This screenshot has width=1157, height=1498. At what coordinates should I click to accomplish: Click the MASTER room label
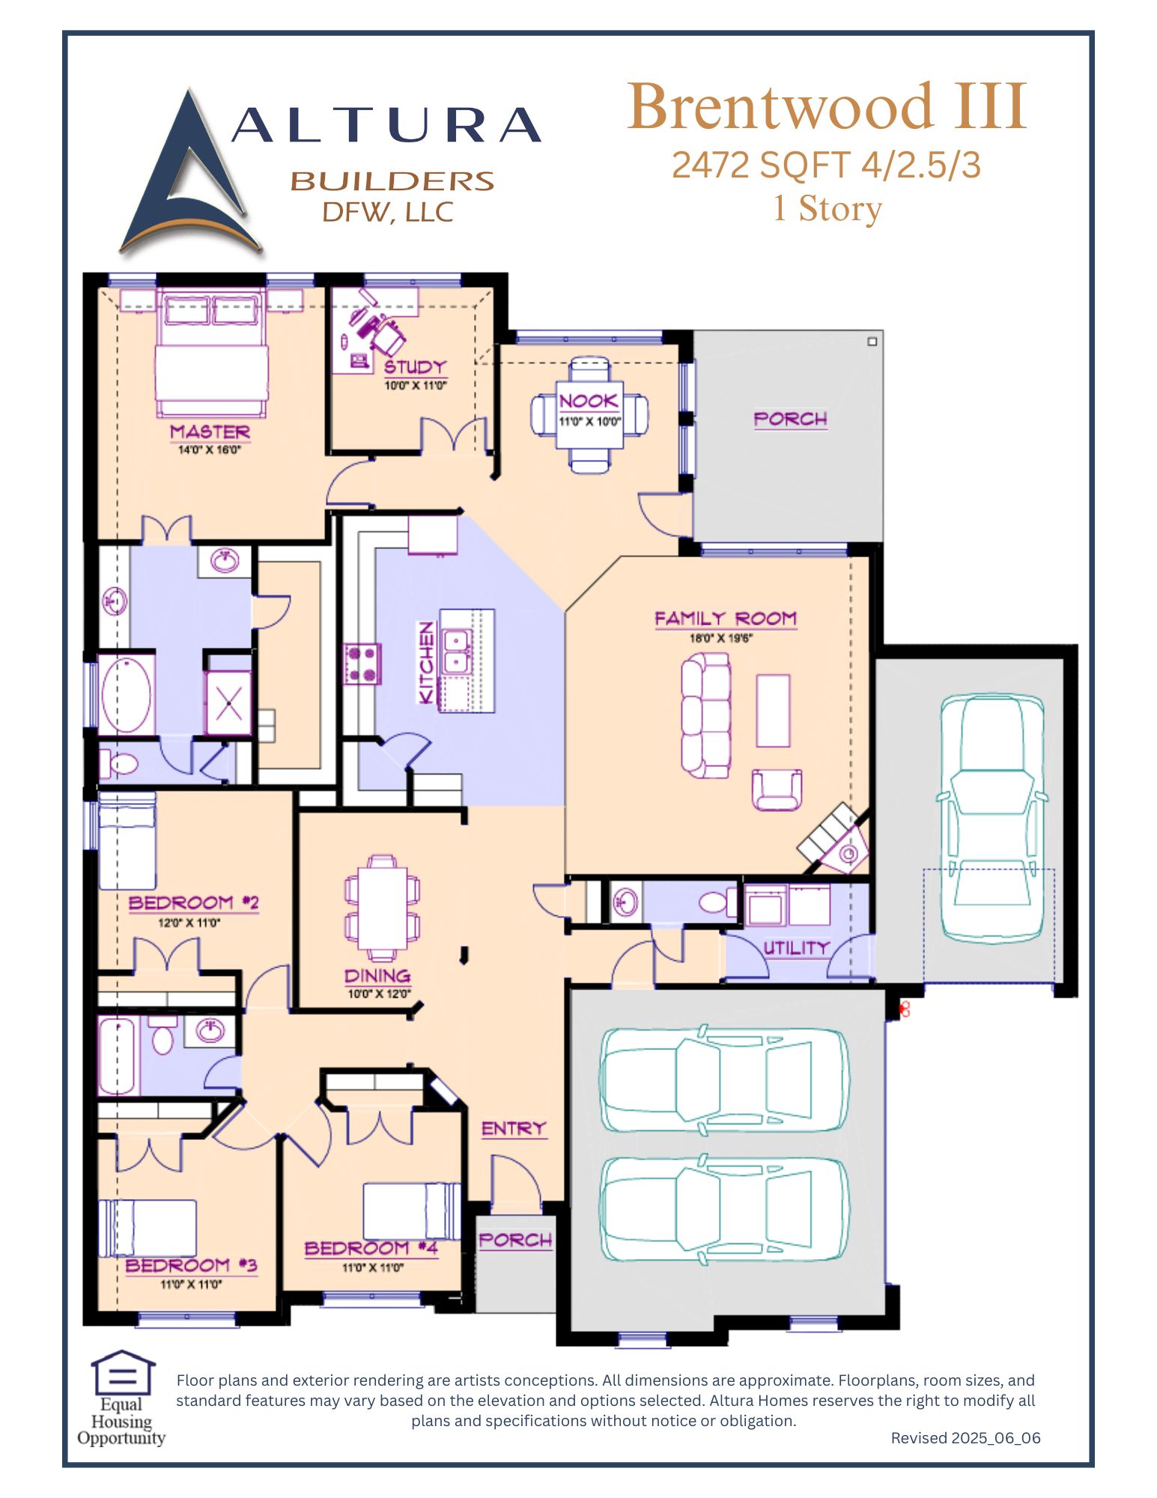pyautogui.click(x=210, y=432)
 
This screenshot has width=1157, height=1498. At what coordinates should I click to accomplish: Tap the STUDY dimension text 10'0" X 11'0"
pyautogui.click(x=415, y=386)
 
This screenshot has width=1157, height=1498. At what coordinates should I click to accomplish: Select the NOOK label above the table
pyautogui.click(x=589, y=401)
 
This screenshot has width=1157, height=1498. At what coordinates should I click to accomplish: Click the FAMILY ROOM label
pyautogui.click(x=725, y=619)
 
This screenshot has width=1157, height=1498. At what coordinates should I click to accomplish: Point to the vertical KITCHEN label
pyautogui.click(x=426, y=663)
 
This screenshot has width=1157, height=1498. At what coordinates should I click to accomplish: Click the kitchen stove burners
pyautogui.click(x=362, y=664)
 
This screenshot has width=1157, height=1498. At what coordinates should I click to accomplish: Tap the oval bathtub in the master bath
pyautogui.click(x=126, y=695)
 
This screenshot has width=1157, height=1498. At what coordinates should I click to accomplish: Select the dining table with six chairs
pyautogui.click(x=382, y=909)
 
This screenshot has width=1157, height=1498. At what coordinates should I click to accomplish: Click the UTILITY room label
pyautogui.click(x=795, y=947)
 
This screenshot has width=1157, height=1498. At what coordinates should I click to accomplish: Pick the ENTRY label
pyautogui.click(x=514, y=1128)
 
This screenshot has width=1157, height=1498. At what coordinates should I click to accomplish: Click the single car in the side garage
pyautogui.click(x=992, y=818)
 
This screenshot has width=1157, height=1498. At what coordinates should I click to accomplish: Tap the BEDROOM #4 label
pyautogui.click(x=371, y=1249)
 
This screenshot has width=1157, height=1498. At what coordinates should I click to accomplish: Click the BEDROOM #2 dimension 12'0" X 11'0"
pyautogui.click(x=189, y=923)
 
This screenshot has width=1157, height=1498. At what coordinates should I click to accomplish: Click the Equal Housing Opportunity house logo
pyautogui.click(x=122, y=1372)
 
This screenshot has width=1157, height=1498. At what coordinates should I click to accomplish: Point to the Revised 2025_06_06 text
pyautogui.click(x=965, y=1438)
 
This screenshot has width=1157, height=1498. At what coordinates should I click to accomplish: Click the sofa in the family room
pyautogui.click(x=705, y=715)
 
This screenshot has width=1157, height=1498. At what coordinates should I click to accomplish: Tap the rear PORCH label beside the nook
pyautogui.click(x=790, y=419)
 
